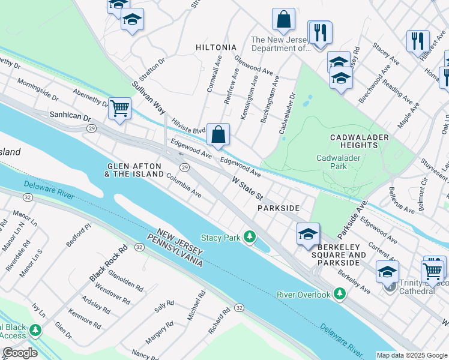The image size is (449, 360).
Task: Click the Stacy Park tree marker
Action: pyautogui.click(x=250, y=238)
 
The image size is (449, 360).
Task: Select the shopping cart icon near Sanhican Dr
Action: pyautogui.click(x=120, y=109)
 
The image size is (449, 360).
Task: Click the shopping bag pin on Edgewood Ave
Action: pyautogui.click(x=218, y=134)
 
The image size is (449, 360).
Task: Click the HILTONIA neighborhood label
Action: pyautogui.click(x=217, y=47)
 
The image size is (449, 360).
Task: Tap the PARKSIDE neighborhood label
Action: pyautogui.click(x=278, y=207)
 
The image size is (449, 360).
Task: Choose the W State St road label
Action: pyautogui.click(x=248, y=188)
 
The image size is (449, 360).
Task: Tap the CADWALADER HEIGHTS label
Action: pyautogui.click(x=360, y=142)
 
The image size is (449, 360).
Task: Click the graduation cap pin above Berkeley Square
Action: pyautogui.click(x=308, y=233)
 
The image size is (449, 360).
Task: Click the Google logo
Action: pyautogui.click(x=19, y=353)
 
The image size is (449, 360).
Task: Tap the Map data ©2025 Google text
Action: pyautogui.click(x=412, y=355)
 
